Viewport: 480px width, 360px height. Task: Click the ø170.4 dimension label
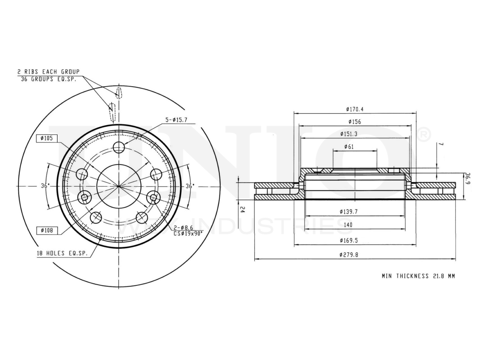[354, 109]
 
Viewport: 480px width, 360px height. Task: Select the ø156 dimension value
[354, 122]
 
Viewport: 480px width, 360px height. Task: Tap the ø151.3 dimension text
[349, 134]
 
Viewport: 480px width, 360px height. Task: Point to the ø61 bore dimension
[349, 147]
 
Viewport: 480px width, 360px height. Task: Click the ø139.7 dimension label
[349, 211]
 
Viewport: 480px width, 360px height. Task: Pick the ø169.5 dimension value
[349, 240]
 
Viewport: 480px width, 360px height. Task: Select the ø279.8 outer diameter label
[349, 255]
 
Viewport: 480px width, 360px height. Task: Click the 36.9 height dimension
[467, 178]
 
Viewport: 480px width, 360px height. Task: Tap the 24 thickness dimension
[242, 210]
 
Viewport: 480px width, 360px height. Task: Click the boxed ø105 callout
[47, 138]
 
